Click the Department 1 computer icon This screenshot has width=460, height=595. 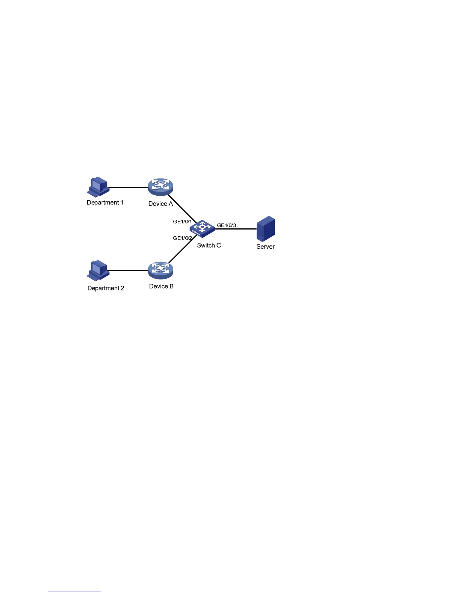click(x=98, y=186)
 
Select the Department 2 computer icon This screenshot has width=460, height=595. click(x=98, y=270)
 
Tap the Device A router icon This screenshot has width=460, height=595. click(x=160, y=187)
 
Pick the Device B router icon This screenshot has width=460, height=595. click(x=160, y=270)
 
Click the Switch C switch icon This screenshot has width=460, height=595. click(x=202, y=228)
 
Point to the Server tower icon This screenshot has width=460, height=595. click(x=266, y=228)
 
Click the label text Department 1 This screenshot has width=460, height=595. click(x=105, y=202)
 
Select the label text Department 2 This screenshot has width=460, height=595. click(x=106, y=288)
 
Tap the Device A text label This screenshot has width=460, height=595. click(x=160, y=204)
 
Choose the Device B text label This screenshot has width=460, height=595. click(x=161, y=286)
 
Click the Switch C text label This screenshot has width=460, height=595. click(x=209, y=245)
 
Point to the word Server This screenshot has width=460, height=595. click(x=265, y=246)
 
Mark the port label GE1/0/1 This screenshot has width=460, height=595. click(x=182, y=222)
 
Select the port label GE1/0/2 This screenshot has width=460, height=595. click(x=182, y=238)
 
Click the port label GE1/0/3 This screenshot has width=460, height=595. click(x=227, y=225)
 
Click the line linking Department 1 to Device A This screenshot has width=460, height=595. click(x=128, y=187)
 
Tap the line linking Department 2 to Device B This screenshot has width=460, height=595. click(x=128, y=270)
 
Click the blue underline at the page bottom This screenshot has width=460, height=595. click(x=74, y=592)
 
